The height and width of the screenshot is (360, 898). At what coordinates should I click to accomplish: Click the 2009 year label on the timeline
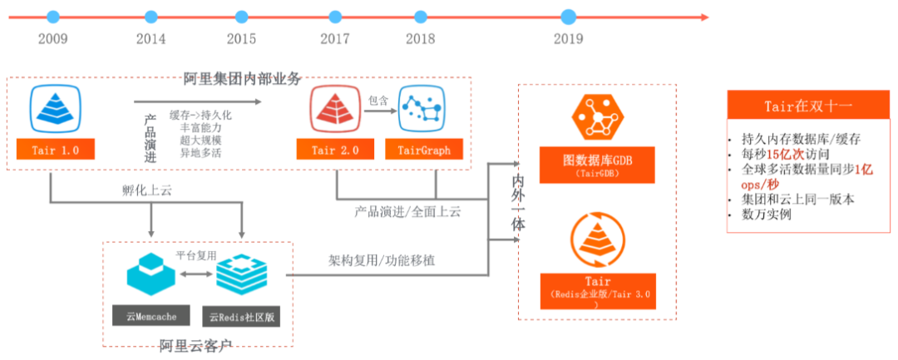pyautogui.click(x=53, y=39)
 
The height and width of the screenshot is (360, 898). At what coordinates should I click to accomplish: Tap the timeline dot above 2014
pyautogui.click(x=150, y=17)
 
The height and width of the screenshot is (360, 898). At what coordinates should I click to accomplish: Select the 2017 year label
pyautogui.click(x=335, y=39)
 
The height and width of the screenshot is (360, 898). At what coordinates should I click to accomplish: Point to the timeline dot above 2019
pyautogui.click(x=569, y=17)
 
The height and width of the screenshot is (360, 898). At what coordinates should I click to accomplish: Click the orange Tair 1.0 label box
pyautogui.click(x=55, y=150)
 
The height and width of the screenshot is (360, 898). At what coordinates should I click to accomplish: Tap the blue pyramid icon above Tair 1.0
pyautogui.click(x=54, y=109)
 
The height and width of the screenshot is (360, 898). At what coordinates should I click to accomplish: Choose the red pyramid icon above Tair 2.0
pyautogui.click(x=334, y=109)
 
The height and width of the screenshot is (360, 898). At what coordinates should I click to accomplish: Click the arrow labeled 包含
pyautogui.click(x=379, y=116)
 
